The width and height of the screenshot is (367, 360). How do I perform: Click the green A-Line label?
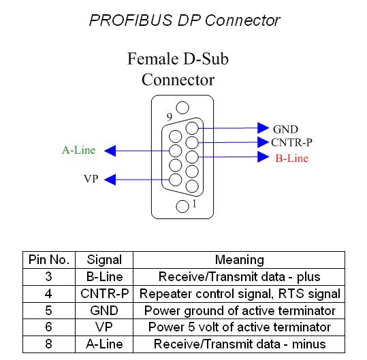point(79,150)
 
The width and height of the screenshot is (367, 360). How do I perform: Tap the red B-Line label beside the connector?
point(291,158)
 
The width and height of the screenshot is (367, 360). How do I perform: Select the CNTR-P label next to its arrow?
point(291,142)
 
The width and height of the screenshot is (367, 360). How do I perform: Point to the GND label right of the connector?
point(285,129)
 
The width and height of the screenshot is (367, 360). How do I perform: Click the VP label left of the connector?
point(91,179)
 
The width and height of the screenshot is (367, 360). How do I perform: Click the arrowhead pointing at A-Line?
point(110,151)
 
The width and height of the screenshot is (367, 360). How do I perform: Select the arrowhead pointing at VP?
point(110,180)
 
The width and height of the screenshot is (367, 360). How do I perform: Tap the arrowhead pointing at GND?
point(263,128)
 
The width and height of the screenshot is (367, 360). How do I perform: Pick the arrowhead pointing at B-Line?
point(263,157)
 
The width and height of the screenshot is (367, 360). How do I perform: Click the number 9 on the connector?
point(170,117)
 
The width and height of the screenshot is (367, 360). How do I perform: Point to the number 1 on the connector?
point(194,203)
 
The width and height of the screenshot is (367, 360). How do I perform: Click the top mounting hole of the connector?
point(182,108)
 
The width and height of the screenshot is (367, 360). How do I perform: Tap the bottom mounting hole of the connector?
point(182,206)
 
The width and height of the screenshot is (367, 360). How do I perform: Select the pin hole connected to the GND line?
point(192,128)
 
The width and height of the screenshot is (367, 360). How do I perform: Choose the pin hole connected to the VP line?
point(175,180)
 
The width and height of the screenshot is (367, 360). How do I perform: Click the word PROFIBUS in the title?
point(131,20)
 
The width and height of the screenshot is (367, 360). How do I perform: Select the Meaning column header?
point(240,260)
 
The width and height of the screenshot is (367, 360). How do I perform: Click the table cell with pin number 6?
point(49,327)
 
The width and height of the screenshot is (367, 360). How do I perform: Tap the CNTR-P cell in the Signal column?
point(104,293)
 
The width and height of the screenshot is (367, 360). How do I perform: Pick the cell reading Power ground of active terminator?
point(239,310)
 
